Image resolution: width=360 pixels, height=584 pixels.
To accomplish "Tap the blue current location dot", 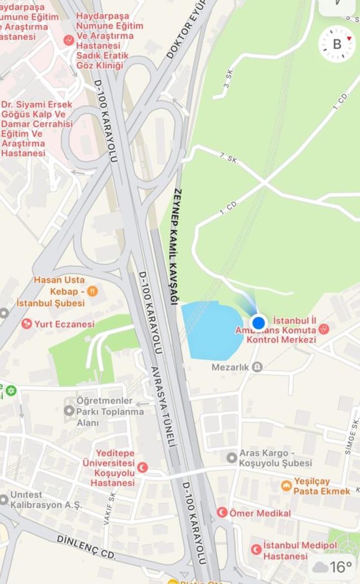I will point(258,323).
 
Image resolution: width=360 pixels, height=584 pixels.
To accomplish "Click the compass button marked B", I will point(337,44).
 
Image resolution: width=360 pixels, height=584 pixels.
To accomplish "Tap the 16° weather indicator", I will point(333,567).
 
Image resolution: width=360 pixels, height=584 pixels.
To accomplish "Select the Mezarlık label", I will point(230,367).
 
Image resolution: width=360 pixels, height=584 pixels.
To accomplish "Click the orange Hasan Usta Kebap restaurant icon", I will point(92,292).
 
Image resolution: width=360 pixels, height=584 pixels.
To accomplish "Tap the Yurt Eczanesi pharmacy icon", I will point(27,324).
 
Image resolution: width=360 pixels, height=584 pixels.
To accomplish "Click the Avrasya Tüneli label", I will point(163,407).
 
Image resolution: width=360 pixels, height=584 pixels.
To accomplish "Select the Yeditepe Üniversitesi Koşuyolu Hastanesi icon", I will point(142,467).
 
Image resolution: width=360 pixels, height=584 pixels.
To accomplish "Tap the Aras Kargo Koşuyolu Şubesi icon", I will point(231,457).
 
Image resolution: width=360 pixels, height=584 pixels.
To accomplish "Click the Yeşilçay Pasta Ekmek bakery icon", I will point(286,486).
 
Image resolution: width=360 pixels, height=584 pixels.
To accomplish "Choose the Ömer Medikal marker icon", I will point(222,513).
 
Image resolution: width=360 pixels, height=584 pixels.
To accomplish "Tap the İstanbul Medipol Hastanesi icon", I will point(256,549).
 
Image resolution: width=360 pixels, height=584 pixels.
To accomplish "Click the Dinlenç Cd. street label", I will point(86,547).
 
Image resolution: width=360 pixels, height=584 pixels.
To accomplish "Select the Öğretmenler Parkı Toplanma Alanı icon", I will point(69,411).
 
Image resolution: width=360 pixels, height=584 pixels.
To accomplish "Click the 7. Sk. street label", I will point(229,158).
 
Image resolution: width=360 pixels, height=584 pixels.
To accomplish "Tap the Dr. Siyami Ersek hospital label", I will point(37,129).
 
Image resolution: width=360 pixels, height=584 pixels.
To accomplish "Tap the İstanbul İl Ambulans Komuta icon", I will point(323,328).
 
